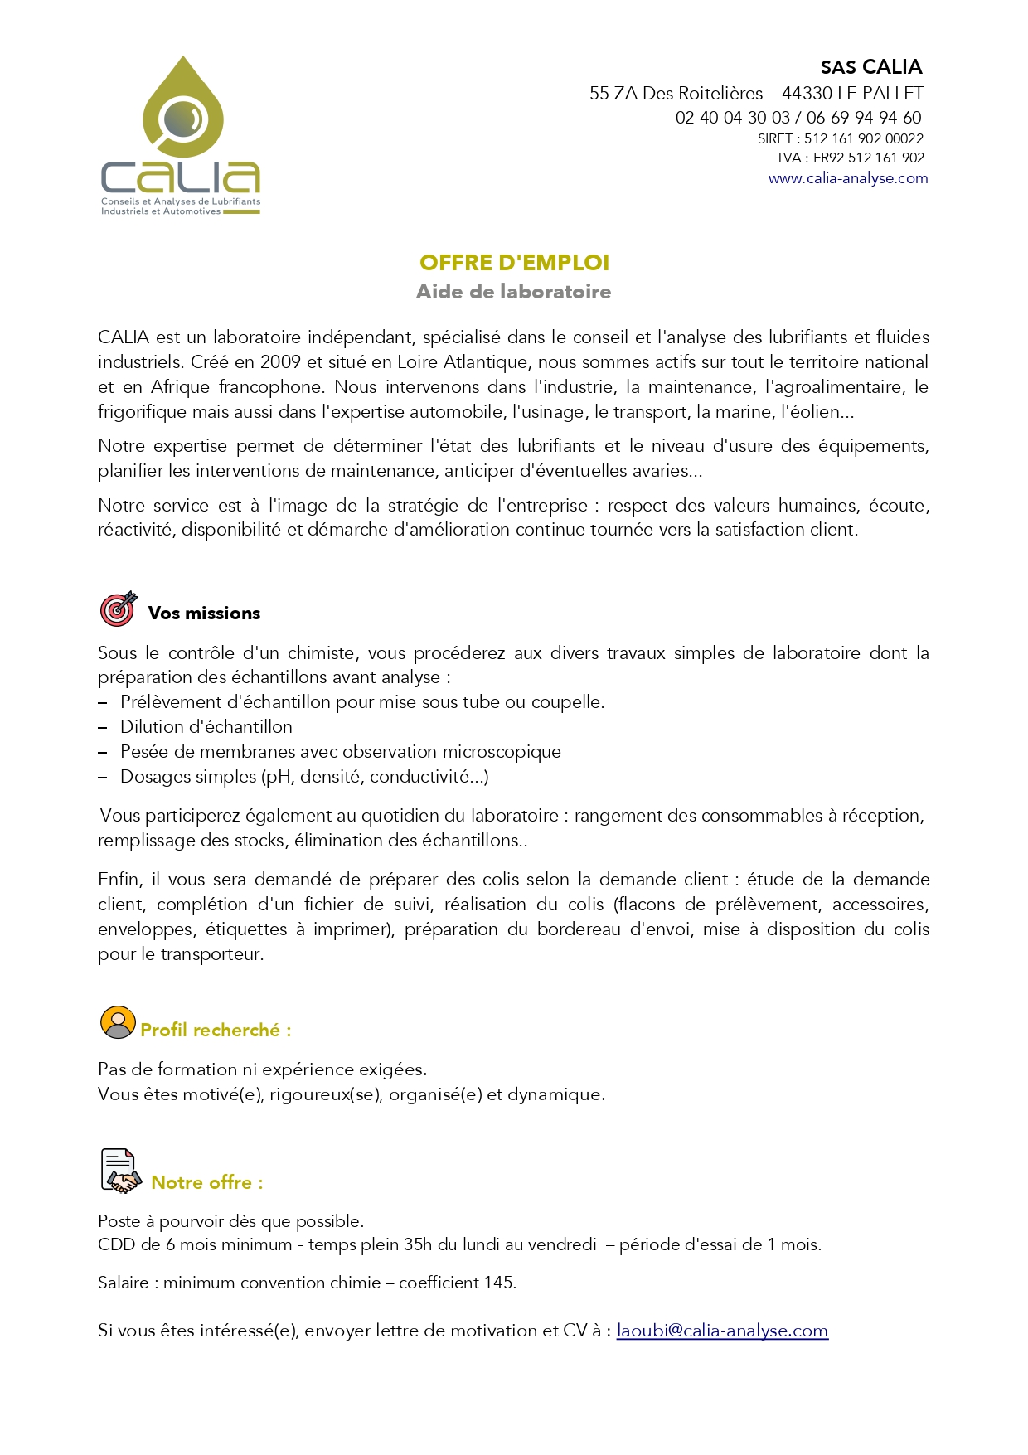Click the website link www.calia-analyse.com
(847, 178)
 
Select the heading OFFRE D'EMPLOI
(514, 263)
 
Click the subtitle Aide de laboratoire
(513, 292)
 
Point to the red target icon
(118, 609)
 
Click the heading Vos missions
(204, 614)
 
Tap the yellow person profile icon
(118, 1022)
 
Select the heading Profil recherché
(216, 1031)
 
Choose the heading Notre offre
(206, 1183)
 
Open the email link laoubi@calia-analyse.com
(722, 1331)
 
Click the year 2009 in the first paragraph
(281, 362)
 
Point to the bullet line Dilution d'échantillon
(206, 727)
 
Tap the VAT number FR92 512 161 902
(868, 158)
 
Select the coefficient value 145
(498, 1283)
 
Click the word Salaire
(124, 1283)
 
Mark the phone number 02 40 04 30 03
(732, 118)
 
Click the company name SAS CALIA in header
(870, 67)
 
